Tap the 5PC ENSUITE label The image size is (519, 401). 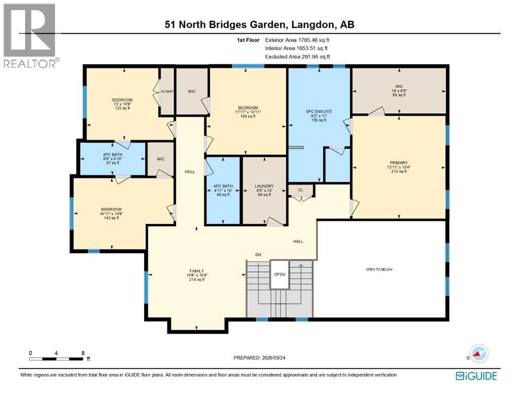tap(318, 111)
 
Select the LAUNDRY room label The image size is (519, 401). tap(264, 186)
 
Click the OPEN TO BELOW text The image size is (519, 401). tap(379, 269)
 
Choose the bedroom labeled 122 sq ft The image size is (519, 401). tap(122, 100)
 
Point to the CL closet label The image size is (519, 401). tap(300, 190)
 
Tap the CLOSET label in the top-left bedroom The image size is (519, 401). tap(167, 91)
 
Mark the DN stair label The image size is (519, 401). tap(258, 255)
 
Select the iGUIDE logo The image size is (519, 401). tap(476, 375)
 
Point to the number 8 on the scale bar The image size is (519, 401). tap(83, 353)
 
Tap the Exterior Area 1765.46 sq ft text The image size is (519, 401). tap(297, 40)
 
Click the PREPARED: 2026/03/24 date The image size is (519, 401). tap(259, 358)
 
